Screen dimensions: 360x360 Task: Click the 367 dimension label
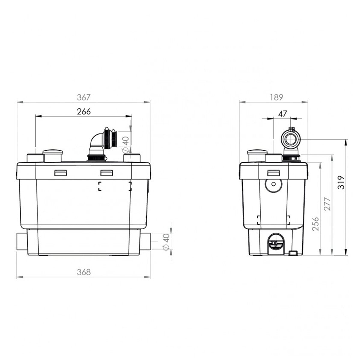pyautogui.click(x=83, y=97)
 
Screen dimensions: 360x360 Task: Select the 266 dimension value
pyautogui.click(x=84, y=112)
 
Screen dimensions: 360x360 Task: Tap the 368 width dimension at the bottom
pyautogui.click(x=84, y=272)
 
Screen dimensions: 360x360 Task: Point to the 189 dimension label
pyautogui.click(x=277, y=97)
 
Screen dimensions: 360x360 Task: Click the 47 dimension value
pyautogui.click(x=282, y=114)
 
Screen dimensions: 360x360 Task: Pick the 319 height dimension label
pyautogui.click(x=341, y=182)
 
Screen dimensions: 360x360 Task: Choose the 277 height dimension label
pyautogui.click(x=327, y=204)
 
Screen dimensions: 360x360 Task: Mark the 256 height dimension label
pyautogui.click(x=316, y=224)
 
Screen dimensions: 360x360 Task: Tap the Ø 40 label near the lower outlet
pyautogui.click(x=166, y=242)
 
